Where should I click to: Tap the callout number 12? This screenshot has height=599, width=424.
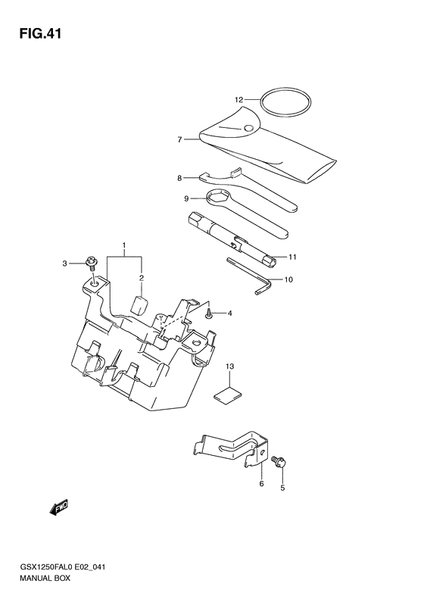238,99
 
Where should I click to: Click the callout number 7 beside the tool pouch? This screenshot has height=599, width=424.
179,139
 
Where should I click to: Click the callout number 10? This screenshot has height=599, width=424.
288,279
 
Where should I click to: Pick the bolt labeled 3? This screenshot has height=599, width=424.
92,264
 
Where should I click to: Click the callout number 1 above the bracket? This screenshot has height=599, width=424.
124,247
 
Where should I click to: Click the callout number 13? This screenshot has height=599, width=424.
229,367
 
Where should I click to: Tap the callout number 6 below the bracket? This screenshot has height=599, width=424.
261,484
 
